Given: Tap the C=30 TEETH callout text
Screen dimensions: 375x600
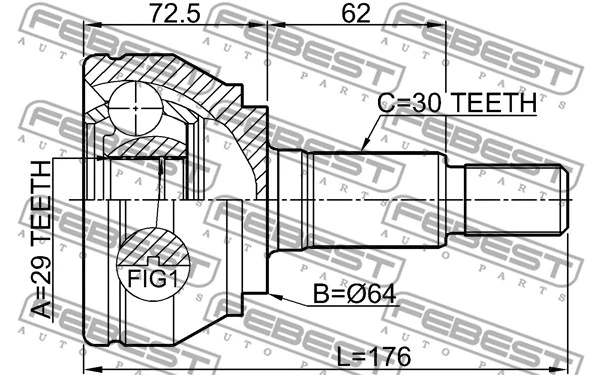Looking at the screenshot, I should tap(456, 102).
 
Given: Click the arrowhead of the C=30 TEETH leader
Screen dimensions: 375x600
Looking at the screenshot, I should tap(362, 148).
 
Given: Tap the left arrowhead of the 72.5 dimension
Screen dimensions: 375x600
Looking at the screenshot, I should tap(86, 29).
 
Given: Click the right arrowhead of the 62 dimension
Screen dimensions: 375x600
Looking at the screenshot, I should tap(443, 29).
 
